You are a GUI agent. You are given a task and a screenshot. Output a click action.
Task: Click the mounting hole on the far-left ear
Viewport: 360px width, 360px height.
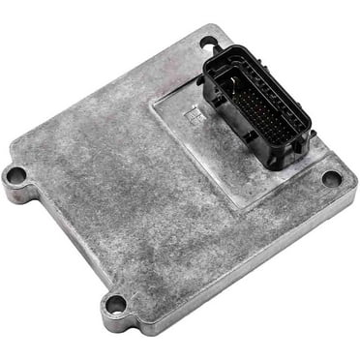15,176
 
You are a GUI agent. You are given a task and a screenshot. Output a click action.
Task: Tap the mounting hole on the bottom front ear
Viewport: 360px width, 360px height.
115,305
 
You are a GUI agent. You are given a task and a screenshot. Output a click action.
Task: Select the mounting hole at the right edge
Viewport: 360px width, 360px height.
332,179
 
